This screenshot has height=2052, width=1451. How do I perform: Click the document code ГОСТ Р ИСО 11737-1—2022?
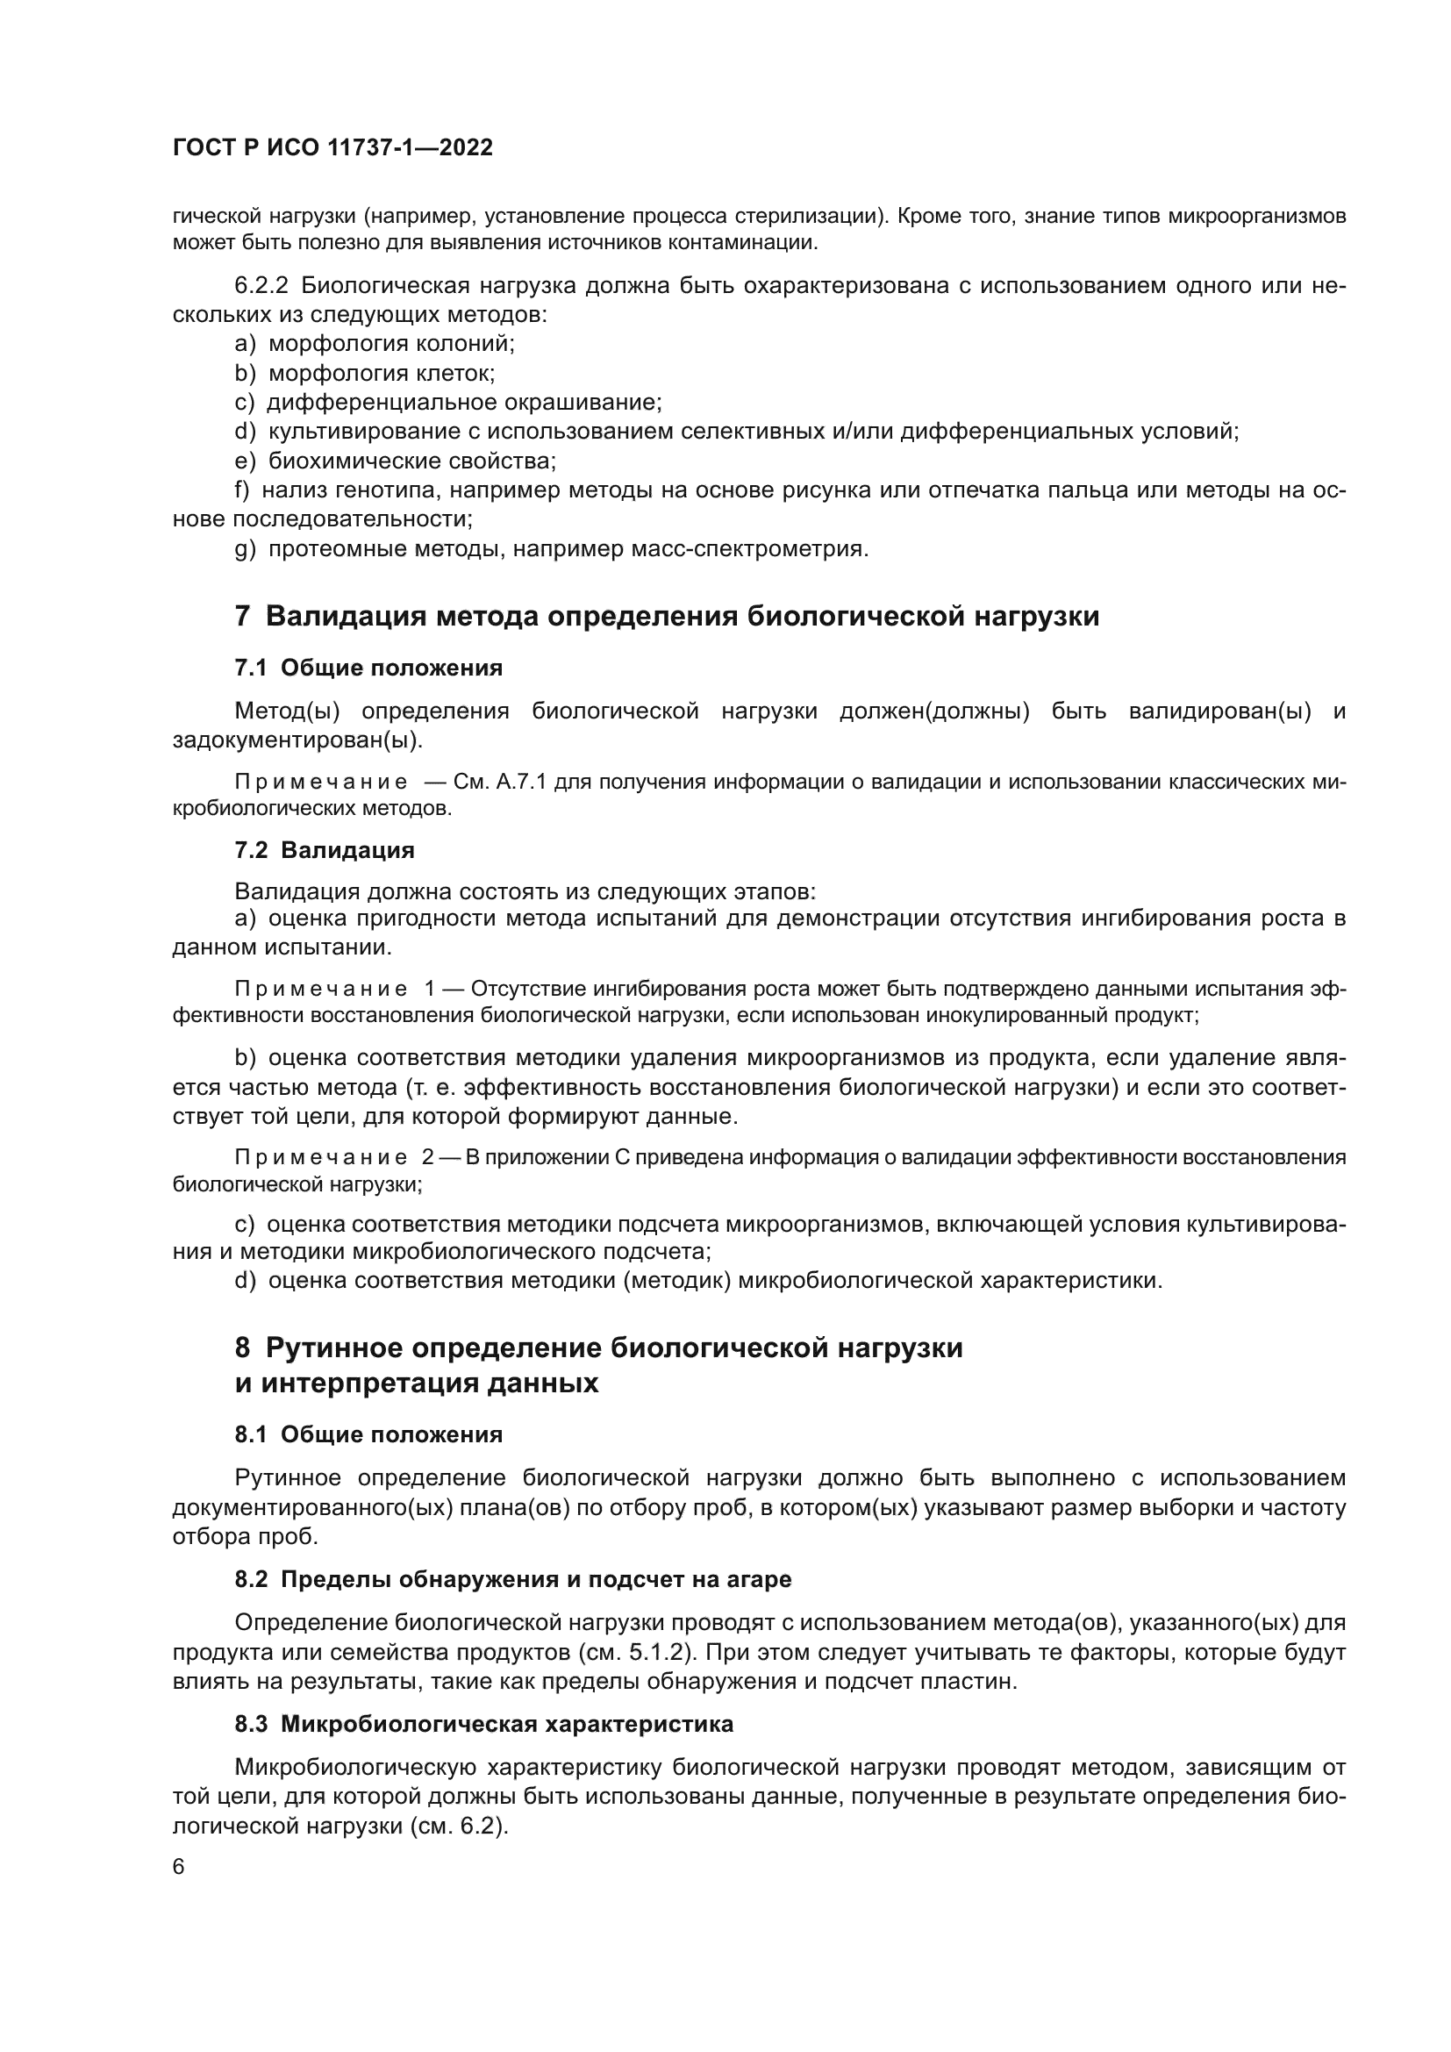332,148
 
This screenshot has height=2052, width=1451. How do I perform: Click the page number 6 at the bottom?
179,1867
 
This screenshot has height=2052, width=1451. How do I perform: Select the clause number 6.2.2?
261,286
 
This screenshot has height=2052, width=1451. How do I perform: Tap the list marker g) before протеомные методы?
245,548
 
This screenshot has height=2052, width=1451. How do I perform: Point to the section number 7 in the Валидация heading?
242,617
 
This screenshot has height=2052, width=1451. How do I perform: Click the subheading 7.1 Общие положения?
368,668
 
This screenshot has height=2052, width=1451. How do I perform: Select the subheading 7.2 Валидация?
325,850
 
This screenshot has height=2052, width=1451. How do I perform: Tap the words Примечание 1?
334,990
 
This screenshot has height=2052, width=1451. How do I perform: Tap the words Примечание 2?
334,1157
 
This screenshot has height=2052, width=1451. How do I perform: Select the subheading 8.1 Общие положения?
368,1434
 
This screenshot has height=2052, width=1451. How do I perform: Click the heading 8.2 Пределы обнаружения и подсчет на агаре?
513,1579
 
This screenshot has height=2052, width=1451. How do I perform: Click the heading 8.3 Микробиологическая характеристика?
483,1724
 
